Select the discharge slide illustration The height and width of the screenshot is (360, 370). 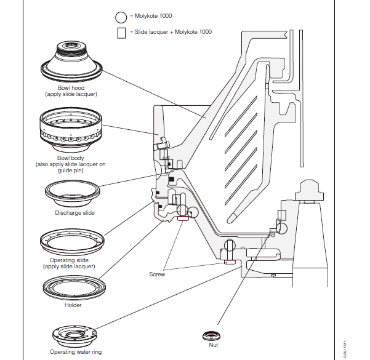71,195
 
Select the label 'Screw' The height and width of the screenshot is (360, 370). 157,274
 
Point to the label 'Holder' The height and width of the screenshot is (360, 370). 73,305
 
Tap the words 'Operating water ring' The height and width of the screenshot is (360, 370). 74,352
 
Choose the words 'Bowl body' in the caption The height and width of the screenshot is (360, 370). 67,158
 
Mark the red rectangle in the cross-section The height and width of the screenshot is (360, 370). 183,217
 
